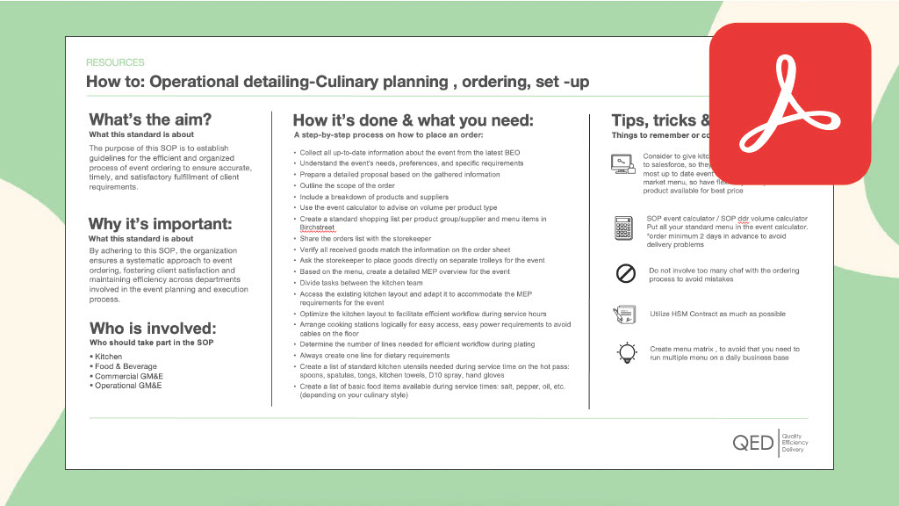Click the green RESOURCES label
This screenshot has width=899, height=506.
[x=115, y=62]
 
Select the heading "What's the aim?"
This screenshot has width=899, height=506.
[x=150, y=119]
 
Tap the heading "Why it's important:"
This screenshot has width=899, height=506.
[x=161, y=223]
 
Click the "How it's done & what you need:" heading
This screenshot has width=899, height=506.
[x=413, y=120]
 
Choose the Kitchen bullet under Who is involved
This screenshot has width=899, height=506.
[x=108, y=357]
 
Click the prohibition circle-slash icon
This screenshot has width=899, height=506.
[x=626, y=274]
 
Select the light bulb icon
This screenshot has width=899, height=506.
[x=627, y=353]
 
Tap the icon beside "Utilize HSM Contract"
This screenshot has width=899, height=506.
[x=626, y=314]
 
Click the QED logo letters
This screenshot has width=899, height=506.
[x=753, y=444]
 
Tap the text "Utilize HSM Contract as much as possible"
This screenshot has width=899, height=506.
[x=717, y=314]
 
